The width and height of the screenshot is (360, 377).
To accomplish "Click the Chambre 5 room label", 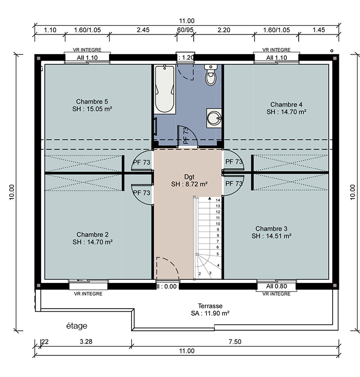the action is coord(92,101).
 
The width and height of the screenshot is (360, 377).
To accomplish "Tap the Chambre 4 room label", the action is coord(286,104).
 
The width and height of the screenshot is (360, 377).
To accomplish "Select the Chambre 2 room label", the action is coord(93,235).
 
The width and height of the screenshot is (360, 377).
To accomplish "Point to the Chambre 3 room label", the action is coord(271,228).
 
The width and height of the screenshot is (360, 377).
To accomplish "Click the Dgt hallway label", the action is coord(189,177).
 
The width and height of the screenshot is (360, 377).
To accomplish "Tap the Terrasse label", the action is coord(210,306).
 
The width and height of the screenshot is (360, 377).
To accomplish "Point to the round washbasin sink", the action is coord(214,118).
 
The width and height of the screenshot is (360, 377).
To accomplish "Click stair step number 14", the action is coord(218,200).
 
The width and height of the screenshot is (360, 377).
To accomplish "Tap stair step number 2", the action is coord(200,274).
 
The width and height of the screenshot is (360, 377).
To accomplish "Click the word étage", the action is coord(77,326).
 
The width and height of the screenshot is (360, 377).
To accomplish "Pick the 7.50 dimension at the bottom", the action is coord(235,342).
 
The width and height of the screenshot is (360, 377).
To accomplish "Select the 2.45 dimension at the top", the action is coord(143,30).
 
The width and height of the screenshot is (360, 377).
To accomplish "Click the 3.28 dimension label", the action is coord(86,342).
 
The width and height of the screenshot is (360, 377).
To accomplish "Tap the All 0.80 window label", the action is coord(277,286).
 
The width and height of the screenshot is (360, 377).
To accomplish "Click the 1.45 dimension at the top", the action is coord(319,30).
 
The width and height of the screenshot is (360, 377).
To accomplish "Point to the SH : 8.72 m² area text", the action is coord(189,184).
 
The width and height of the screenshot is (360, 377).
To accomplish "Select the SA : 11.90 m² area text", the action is coord(210,313).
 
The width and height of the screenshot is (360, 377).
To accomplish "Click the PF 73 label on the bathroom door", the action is coord(186,136).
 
